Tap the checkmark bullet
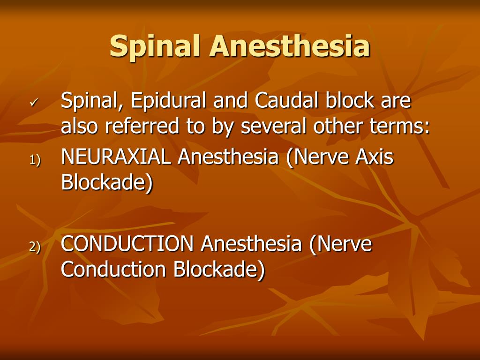coord(33,103)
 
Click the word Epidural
coord(170,102)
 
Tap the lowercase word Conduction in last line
coord(114,270)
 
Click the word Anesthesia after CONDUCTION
coord(251,244)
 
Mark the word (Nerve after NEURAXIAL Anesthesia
coord(318,157)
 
